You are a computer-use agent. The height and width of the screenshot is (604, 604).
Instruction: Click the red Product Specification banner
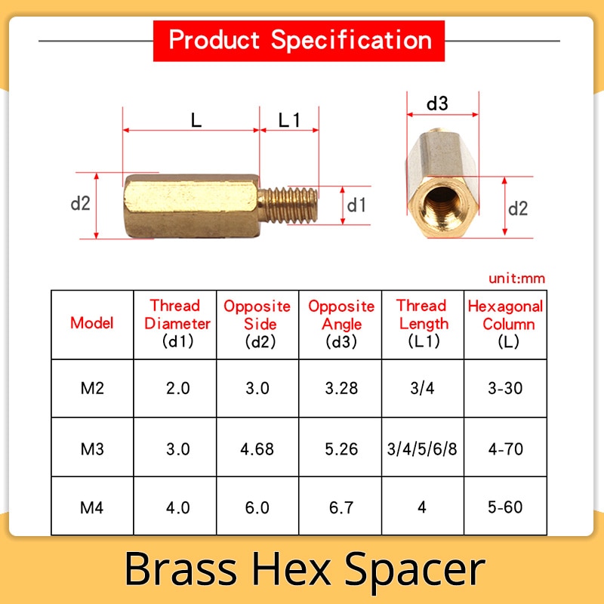(x=298, y=41)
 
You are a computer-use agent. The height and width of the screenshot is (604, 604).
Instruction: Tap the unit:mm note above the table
(x=516, y=278)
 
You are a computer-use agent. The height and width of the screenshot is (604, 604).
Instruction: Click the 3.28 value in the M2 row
(x=341, y=388)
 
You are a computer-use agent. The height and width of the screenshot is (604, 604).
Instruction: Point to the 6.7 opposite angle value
(x=341, y=507)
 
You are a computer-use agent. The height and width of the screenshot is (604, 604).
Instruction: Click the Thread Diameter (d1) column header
(x=177, y=324)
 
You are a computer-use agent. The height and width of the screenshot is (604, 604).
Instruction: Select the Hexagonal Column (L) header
(x=505, y=324)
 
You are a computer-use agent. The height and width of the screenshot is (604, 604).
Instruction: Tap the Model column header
(x=91, y=323)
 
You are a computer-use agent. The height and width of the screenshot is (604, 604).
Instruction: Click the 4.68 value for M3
(x=257, y=448)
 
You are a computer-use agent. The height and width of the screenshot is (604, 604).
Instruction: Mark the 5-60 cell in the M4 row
(x=505, y=507)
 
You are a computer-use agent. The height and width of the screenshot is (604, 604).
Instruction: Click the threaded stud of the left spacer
(x=288, y=205)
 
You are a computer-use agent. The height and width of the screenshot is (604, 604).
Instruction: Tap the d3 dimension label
(x=437, y=103)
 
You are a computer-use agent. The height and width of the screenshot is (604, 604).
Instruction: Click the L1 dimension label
(x=289, y=121)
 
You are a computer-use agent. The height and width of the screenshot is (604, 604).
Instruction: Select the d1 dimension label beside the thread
(x=356, y=205)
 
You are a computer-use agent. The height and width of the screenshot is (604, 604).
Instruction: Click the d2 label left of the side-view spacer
(x=81, y=203)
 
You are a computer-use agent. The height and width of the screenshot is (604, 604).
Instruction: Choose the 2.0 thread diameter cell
(x=178, y=388)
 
